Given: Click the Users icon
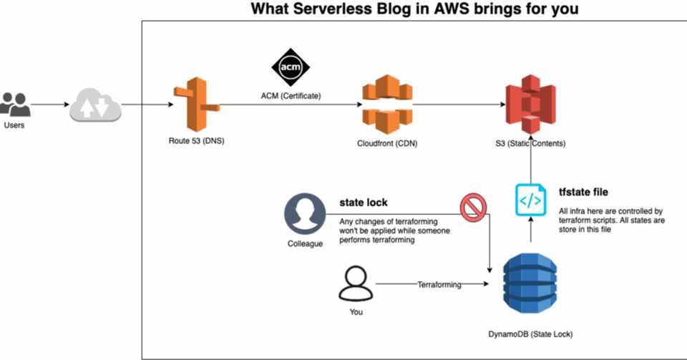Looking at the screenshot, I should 15,104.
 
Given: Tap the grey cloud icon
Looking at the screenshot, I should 95,106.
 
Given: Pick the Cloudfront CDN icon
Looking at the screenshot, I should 386,105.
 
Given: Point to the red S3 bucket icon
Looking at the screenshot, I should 530,107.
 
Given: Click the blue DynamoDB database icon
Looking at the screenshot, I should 530,285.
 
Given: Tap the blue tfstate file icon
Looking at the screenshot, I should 530,200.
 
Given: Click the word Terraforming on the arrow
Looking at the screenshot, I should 439,285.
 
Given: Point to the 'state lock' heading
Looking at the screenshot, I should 364,203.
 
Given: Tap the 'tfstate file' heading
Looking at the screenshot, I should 583,192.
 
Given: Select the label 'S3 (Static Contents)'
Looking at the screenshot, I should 530,144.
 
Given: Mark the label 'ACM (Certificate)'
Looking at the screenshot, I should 291,96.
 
